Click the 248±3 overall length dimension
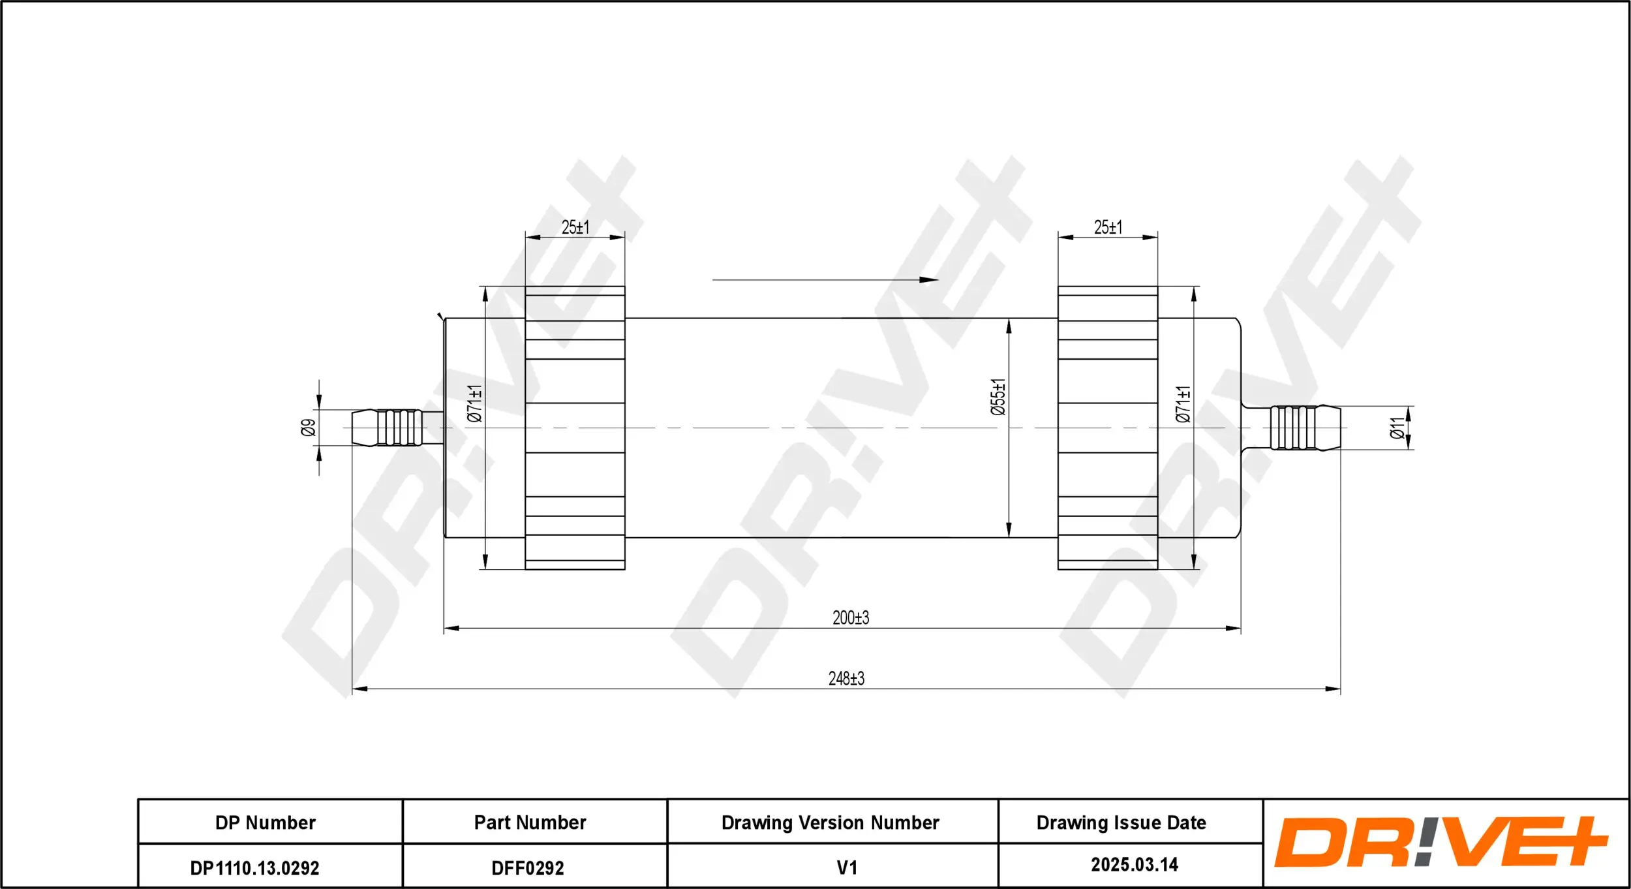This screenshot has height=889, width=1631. pos(846,678)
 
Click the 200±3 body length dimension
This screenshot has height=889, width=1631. pos(850,617)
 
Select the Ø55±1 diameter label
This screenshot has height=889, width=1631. pos(998,397)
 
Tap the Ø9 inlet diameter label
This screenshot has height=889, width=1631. pos(309,428)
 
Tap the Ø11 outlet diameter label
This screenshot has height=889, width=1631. pos(1396,428)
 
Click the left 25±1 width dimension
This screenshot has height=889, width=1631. pos(575,227)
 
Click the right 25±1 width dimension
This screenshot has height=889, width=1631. pos(1108,227)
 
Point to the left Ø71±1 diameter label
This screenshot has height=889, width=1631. pos(474,403)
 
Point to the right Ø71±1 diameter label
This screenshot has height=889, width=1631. pos(1182,404)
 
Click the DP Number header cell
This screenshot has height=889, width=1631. pos(266,822)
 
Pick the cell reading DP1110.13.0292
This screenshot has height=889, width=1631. pos(254,868)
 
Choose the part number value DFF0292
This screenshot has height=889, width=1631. pos(527,868)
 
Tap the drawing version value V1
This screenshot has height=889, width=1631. pos(846,867)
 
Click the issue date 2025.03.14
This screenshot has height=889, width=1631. pos(1135,865)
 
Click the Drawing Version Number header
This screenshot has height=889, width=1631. pos(830,822)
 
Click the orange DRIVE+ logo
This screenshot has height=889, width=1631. pos(1442,842)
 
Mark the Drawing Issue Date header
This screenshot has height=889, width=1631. pos(1121,822)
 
